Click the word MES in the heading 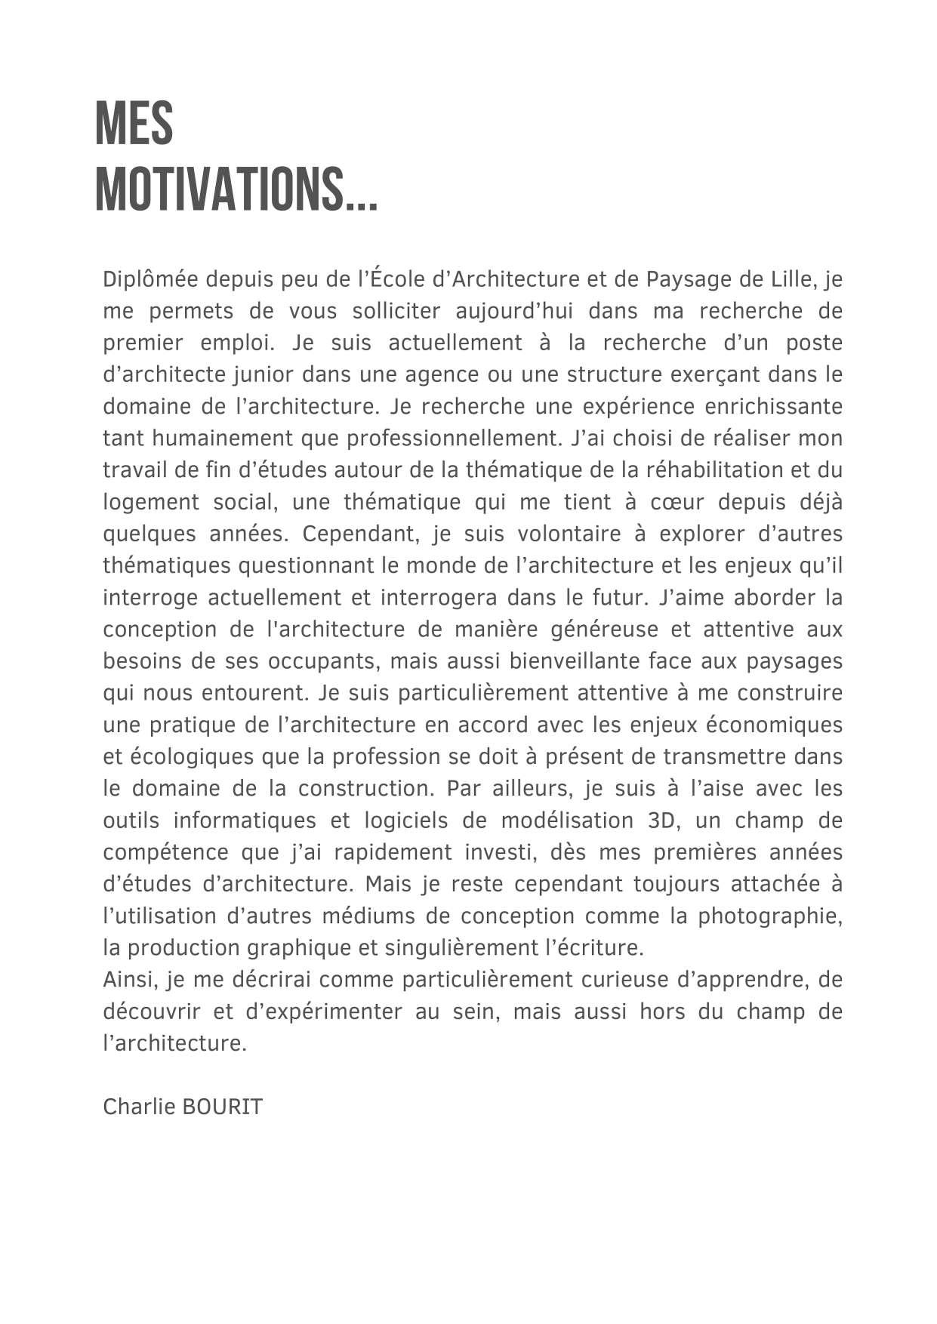(x=134, y=125)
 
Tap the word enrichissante (x=773, y=407)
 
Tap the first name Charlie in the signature (x=140, y=1107)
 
